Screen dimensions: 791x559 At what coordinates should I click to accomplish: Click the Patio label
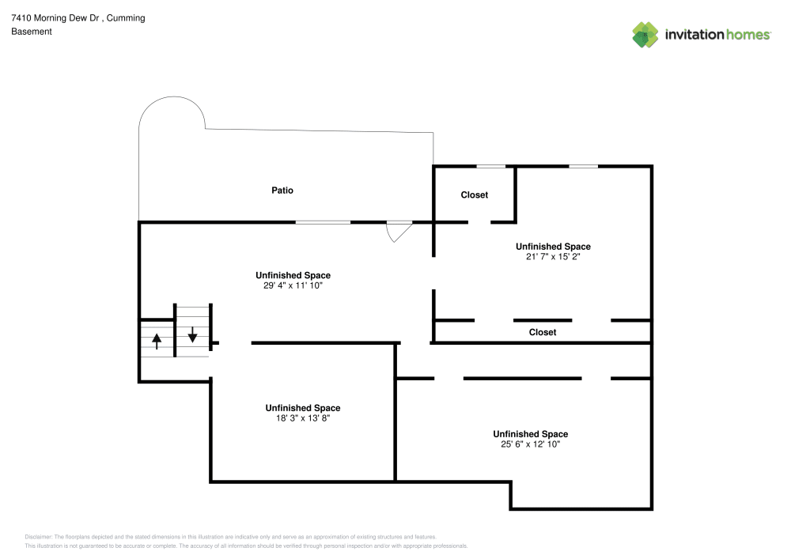pos(282,190)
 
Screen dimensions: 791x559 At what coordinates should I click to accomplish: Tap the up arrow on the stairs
pos(157,342)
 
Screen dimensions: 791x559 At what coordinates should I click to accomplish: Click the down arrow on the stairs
pos(192,334)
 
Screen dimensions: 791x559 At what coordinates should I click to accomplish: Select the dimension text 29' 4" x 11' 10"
pos(293,285)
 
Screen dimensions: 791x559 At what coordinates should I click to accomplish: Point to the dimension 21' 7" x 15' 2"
pos(553,256)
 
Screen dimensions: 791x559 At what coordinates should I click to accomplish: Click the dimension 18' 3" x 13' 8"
pos(303,417)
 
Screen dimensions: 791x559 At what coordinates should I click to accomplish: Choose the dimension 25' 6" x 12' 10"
pos(530,444)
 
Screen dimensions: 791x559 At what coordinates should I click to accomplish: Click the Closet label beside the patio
pos(474,195)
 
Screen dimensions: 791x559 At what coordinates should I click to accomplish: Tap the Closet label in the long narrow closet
pos(543,332)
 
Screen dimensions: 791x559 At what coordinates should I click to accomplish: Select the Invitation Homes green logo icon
pos(645,35)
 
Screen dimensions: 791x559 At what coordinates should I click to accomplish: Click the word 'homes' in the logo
pos(747,35)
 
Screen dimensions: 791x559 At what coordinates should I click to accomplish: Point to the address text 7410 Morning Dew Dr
pos(55,18)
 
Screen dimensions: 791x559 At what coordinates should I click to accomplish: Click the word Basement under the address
pos(32,32)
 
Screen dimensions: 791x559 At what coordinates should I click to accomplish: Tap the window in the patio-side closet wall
pos(491,166)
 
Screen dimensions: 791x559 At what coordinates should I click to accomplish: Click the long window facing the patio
pos(323,222)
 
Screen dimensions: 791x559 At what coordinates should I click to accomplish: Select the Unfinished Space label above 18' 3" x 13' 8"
pos(303,408)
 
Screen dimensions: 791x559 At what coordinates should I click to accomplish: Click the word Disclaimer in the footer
pos(38,537)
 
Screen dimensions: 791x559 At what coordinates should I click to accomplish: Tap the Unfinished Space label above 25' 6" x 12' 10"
pos(530,434)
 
